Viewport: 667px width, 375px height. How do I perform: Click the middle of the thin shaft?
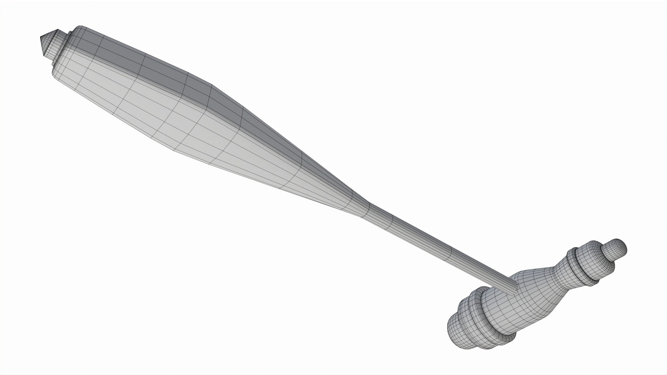pos(434,243)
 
